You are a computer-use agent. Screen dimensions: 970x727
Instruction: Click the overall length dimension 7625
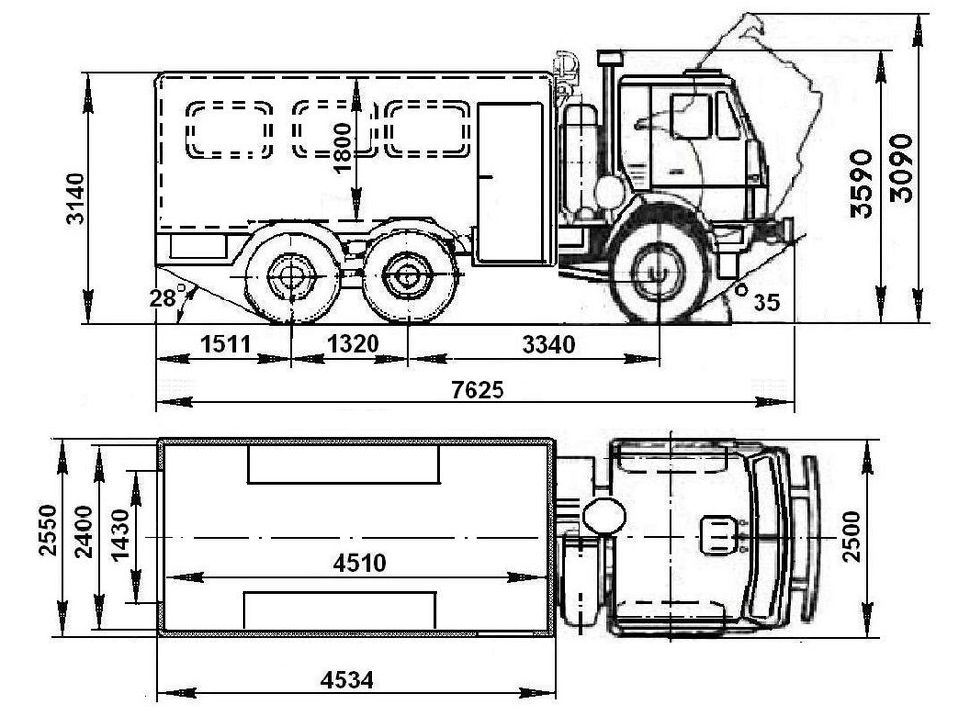(477, 390)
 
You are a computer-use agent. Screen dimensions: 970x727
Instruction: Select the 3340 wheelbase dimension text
(549, 344)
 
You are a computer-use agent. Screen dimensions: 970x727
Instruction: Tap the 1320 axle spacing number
(353, 344)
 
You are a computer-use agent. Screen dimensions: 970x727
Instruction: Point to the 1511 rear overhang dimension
(225, 344)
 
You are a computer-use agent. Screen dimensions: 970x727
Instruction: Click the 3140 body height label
(76, 198)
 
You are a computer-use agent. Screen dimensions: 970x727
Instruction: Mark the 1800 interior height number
(341, 149)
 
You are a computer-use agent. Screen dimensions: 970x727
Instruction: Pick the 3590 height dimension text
(861, 183)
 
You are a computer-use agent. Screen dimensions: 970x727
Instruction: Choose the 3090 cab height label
(901, 168)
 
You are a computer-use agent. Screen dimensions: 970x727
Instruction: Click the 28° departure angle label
(168, 297)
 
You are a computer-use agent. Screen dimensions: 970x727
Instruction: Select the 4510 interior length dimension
(360, 563)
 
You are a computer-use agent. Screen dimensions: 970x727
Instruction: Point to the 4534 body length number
(347, 680)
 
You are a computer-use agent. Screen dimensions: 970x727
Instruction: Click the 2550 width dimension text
(48, 530)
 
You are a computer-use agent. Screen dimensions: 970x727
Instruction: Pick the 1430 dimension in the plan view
(119, 535)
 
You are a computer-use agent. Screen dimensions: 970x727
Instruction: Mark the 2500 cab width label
(852, 537)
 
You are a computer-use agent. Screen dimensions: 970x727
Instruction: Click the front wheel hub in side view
(658, 272)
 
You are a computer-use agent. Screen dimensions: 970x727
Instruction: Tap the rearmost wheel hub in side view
(291, 277)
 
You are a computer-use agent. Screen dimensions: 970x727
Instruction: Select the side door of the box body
(511, 183)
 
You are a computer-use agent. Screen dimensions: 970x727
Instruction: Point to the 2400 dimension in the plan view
(83, 531)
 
